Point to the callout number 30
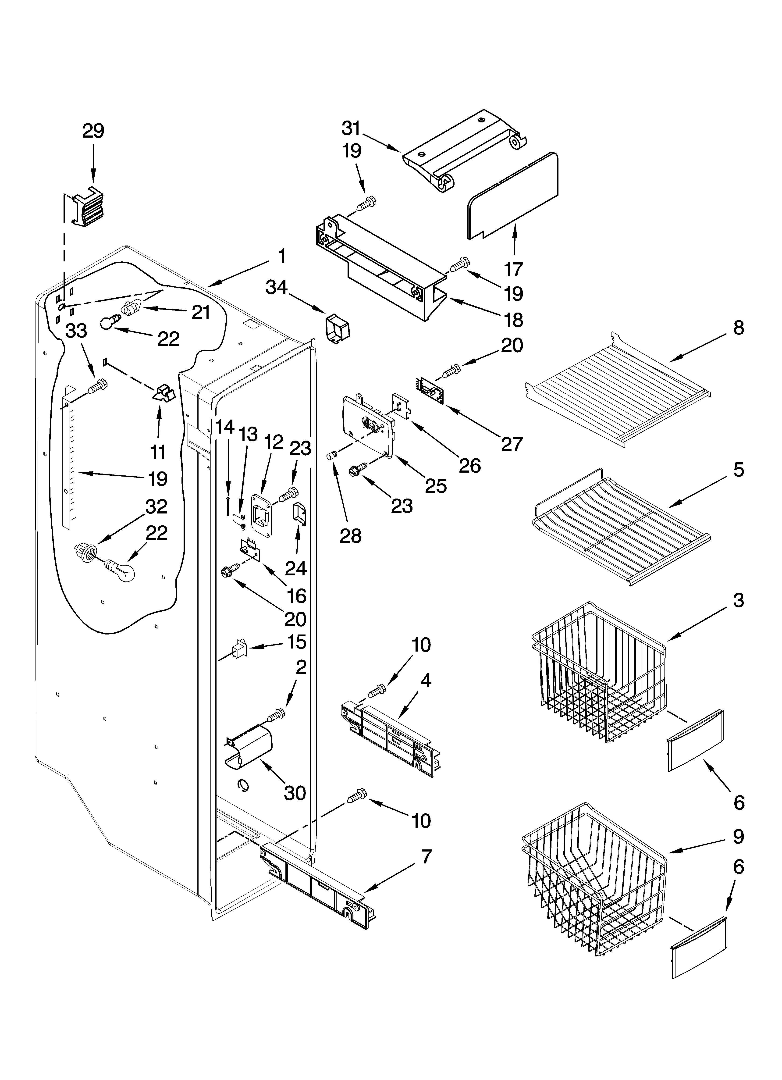295,793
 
